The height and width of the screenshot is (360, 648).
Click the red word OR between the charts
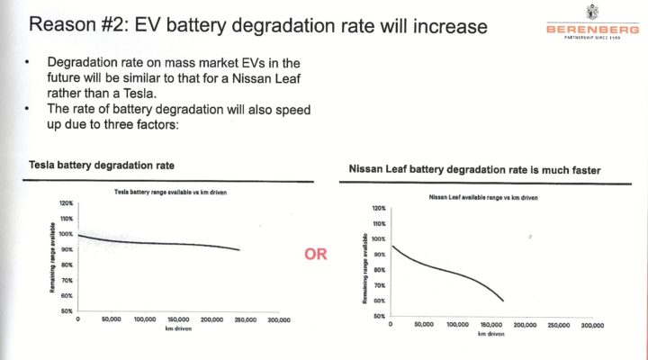(316, 255)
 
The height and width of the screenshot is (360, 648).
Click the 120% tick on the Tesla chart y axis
(65, 204)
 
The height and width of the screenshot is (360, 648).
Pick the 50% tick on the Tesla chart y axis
(66, 310)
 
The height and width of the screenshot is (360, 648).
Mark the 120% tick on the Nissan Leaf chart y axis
(378, 208)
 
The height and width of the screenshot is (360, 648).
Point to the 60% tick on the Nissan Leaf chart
(378, 301)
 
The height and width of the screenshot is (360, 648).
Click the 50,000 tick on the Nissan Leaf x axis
(425, 325)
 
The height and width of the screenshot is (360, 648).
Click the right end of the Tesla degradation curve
(239, 250)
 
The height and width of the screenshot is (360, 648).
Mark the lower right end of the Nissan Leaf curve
(502, 301)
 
